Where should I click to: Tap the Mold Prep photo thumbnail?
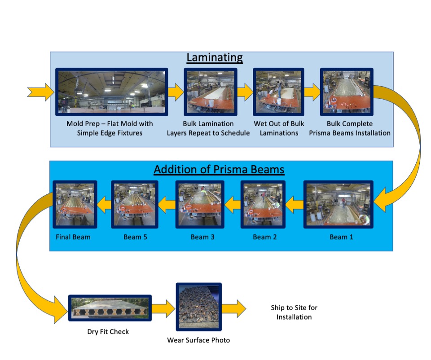coord(111,92)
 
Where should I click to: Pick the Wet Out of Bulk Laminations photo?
coord(278,92)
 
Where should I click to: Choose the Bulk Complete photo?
coord(346,92)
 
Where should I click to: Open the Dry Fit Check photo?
coord(110,308)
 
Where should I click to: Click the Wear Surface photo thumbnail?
coord(198,308)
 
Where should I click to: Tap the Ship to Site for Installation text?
coord(294,312)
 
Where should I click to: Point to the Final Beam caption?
coord(73,237)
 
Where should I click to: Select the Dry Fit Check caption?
coord(108,332)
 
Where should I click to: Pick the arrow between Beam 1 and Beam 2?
coord(295,206)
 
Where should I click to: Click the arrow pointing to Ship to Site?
coord(234,309)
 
